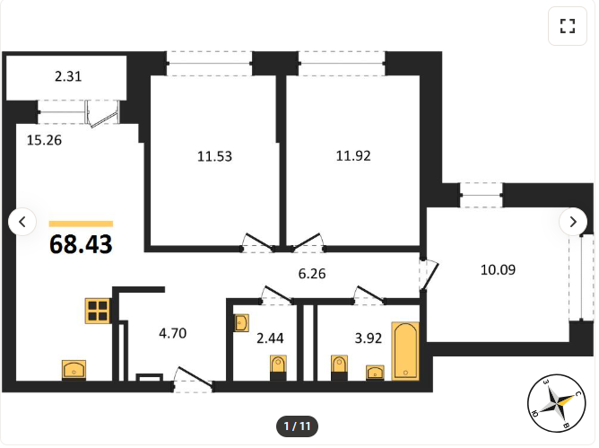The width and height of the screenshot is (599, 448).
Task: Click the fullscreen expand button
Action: [568, 26]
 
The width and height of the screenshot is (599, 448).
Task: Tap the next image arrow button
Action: [573, 222]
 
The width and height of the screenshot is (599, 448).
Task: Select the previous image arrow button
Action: [22, 222]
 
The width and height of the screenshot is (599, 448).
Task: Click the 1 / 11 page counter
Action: [297, 426]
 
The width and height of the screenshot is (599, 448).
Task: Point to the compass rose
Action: [556, 403]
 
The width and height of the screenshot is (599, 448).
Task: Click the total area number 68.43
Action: [81, 244]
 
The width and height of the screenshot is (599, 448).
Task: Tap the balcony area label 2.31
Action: [68, 76]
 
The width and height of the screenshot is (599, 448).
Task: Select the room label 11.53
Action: [214, 156]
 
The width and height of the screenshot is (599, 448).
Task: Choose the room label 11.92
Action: [353, 155]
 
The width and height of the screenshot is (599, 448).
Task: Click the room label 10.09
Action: [498, 269]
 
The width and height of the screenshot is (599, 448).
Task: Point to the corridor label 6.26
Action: [312, 274]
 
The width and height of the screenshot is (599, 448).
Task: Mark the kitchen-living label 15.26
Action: [44, 140]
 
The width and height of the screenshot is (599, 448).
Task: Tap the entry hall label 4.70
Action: [173, 333]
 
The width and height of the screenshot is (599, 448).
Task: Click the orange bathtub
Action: [405, 351]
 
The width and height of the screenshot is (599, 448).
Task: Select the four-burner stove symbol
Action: [98, 311]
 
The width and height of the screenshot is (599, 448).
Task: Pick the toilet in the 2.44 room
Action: [278, 367]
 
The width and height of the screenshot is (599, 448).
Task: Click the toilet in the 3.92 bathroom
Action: [339, 367]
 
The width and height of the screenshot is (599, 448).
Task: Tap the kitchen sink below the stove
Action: [74, 370]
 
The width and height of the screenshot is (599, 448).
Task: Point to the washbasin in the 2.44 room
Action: [242, 323]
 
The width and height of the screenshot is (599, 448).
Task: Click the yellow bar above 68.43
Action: [81, 224]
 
